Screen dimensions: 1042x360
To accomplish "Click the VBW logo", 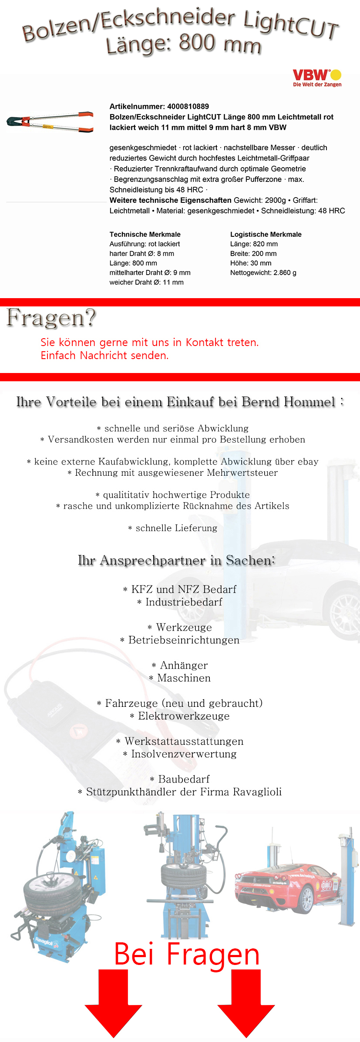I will (317, 78).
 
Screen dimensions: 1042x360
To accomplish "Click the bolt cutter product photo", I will (50, 122).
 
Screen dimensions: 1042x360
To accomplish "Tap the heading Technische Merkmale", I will (145, 234).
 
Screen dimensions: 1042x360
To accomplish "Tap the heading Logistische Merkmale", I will (266, 234).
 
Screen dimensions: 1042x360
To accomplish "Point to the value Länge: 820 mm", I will (254, 244).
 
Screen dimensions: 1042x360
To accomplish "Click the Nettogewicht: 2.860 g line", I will (263, 272).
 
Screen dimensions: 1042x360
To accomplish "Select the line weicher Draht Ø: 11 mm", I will (146, 282).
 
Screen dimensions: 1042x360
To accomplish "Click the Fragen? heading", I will (51, 318).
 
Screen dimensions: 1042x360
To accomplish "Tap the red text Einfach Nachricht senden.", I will (104, 355).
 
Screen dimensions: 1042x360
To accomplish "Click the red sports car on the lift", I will (287, 886).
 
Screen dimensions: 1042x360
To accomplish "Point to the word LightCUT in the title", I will (291, 25).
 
